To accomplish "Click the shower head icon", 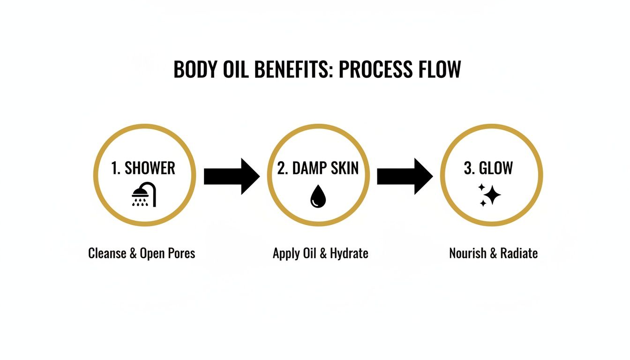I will [x=144, y=195].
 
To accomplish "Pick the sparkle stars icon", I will [x=489, y=195].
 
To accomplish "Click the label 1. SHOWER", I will [x=143, y=168].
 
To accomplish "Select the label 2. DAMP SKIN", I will [x=318, y=168].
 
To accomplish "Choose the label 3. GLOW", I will [x=488, y=168].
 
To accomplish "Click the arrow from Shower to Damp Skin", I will [x=232, y=176].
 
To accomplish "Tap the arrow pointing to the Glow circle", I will [x=405, y=176].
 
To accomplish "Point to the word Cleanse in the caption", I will [x=107, y=254].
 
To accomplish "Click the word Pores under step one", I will [x=180, y=254].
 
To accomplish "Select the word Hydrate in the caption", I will [x=349, y=254].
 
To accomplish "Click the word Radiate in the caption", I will [x=519, y=254].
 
